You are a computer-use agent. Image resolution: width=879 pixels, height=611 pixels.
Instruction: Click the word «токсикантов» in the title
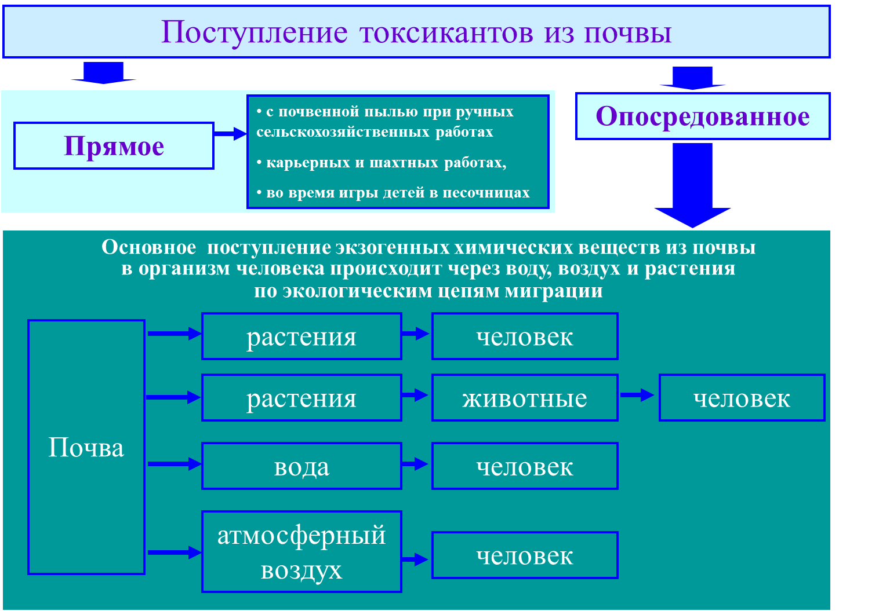click(446, 32)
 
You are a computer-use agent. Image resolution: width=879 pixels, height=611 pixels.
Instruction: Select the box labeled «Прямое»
click(114, 146)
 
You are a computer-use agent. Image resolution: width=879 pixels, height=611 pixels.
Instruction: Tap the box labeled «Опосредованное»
click(703, 116)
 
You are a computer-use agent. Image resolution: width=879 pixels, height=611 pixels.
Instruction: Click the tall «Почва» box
click(86, 447)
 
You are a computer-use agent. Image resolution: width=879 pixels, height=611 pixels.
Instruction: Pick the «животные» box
click(525, 398)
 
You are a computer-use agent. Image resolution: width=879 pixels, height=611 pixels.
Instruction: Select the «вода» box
click(302, 466)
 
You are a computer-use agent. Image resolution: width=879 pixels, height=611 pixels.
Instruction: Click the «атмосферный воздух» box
click(302, 552)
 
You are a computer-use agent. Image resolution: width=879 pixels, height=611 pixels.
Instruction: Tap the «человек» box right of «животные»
click(742, 398)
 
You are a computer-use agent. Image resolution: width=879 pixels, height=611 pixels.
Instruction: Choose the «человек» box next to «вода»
click(525, 466)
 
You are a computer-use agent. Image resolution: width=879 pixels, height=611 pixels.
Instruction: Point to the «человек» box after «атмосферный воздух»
click(525, 555)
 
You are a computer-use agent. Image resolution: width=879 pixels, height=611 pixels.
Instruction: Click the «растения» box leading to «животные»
click(302, 398)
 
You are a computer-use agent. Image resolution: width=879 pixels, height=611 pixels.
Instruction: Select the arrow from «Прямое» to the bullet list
click(230, 134)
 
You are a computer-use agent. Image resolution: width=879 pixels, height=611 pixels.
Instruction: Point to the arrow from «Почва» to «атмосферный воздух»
click(173, 552)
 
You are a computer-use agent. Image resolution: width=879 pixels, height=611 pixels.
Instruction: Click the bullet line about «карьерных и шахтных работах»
click(382, 163)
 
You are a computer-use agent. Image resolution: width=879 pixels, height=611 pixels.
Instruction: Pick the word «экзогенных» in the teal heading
click(393, 247)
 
